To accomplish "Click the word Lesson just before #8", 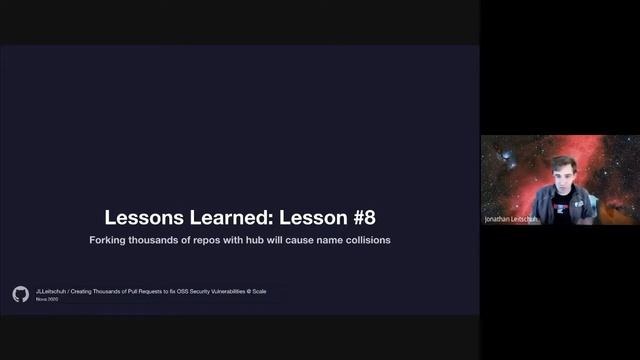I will tap(309, 217).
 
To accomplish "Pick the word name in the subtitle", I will tap(322, 240).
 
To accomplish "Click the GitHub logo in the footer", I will tap(20, 294).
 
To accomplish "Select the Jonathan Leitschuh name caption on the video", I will tap(510, 218).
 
